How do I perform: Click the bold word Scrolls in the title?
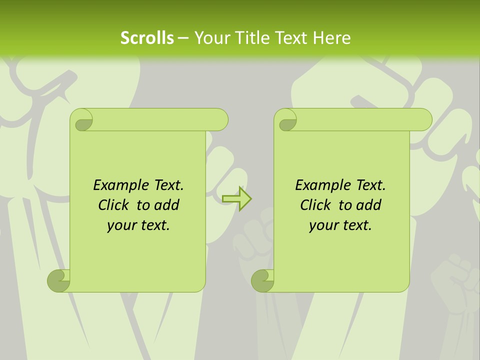147,38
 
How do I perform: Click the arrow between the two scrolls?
236,199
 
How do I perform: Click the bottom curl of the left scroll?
59,280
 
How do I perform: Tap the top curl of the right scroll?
286,120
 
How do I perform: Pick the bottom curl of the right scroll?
262,280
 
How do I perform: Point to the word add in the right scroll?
369,205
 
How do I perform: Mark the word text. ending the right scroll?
356,225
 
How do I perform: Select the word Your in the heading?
209,38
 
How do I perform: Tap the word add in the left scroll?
167,205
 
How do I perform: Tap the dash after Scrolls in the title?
183,38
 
